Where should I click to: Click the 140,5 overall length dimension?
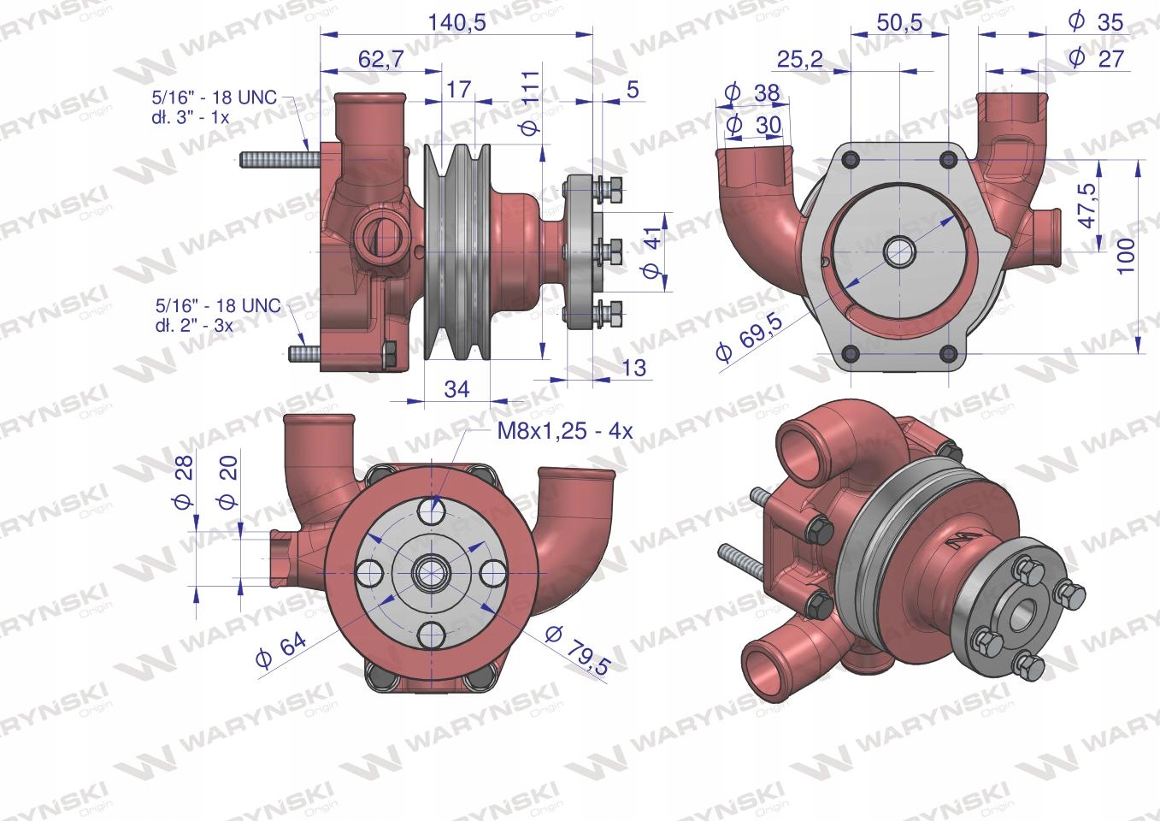click(456, 23)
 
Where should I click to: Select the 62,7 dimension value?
click(380, 60)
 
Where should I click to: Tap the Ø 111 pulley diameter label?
click(532, 103)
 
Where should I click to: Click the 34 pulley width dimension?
click(456, 389)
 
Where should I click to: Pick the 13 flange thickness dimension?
click(634, 369)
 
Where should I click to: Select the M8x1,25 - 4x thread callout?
click(565, 431)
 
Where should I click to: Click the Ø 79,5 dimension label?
click(576, 650)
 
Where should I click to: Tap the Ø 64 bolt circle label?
click(281, 650)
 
